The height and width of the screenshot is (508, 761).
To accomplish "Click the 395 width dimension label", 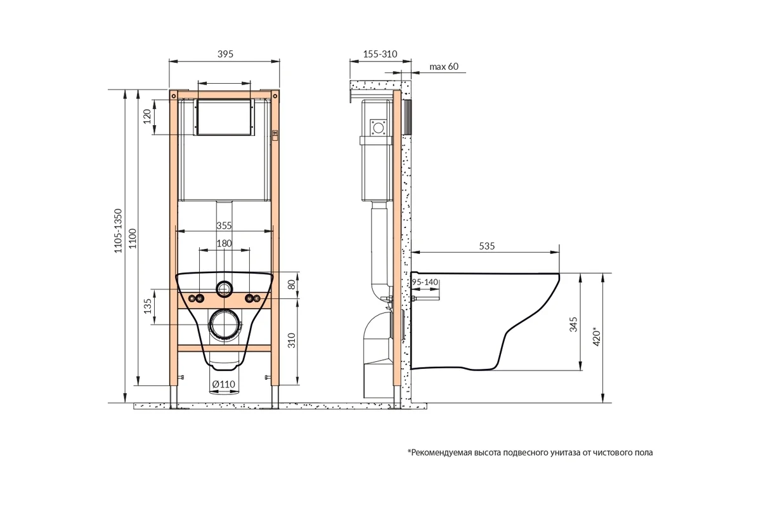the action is [x=225, y=54].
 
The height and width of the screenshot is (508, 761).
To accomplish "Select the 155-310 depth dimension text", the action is [x=380, y=54].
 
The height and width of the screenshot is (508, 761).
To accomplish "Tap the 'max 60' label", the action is [x=444, y=66].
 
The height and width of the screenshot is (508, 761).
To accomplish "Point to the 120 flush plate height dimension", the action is [x=146, y=116].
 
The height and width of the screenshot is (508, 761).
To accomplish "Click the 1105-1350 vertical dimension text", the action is [x=118, y=231].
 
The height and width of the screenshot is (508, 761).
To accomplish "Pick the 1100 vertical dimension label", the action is [x=133, y=238].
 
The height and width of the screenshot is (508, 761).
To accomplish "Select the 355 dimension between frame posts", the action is [x=224, y=225].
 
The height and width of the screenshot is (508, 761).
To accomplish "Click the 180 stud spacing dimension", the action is [x=224, y=243].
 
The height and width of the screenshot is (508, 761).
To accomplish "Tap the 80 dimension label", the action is [x=292, y=284].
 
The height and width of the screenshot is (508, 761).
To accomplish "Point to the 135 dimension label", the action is [x=147, y=306].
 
